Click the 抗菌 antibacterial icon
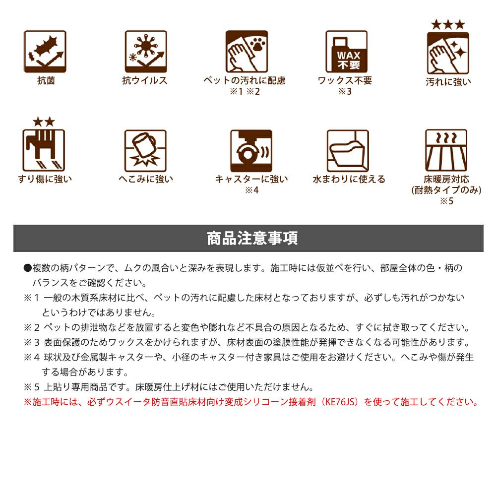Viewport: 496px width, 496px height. pyautogui.click(x=45, y=52)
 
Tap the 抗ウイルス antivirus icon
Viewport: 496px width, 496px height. pyautogui.click(x=146, y=52)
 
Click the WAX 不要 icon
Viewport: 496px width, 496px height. pyautogui.click(x=347, y=52)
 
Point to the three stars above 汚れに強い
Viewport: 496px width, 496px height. pyautogui.click(x=448, y=24)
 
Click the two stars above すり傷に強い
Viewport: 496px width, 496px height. pyautogui.click(x=44, y=122)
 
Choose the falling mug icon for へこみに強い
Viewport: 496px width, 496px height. pyautogui.click(x=145, y=151)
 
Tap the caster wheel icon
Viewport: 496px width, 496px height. pyautogui.click(x=251, y=151)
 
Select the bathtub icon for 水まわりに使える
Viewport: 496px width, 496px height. pyautogui.click(x=348, y=151)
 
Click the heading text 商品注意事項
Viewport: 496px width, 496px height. pyautogui.click(x=252, y=238)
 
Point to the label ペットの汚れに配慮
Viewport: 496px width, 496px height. pyautogui.click(x=245, y=80)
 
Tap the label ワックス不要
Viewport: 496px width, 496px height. pyautogui.click(x=345, y=80)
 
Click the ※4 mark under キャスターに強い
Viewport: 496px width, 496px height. pyautogui.click(x=252, y=190)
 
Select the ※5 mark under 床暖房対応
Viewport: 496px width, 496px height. pyautogui.click(x=447, y=201)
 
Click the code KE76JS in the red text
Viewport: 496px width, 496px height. pyautogui.click(x=340, y=402)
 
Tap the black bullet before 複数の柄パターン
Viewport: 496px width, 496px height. pyautogui.click(x=27, y=268)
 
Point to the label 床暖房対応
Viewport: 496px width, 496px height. pyautogui.click(x=446, y=179)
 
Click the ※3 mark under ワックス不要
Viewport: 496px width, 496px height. pyautogui.click(x=345, y=91)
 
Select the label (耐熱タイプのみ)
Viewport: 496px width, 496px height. pyautogui.click(x=446, y=190)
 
